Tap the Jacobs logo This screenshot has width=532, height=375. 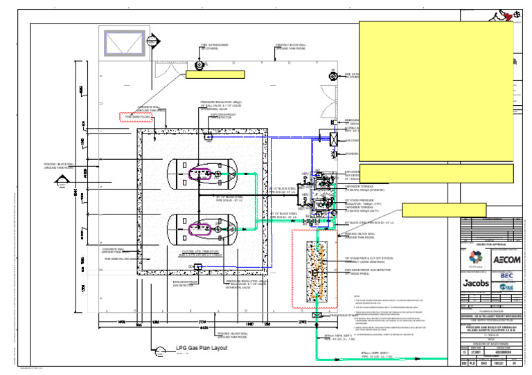pyautogui.click(x=475, y=282)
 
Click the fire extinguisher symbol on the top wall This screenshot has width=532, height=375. pyautogui.click(x=200, y=65)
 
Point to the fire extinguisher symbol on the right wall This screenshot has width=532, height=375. pyautogui.click(x=332, y=75)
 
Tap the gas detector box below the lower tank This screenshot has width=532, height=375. pyautogui.click(x=199, y=266)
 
